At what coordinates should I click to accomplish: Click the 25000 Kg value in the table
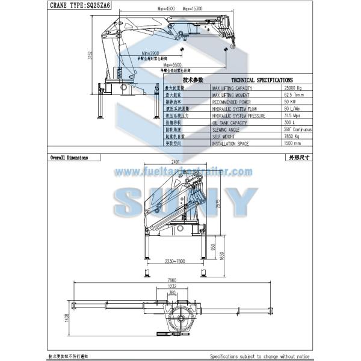click(x=293, y=88)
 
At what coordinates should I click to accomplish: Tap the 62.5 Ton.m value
click(x=294, y=94)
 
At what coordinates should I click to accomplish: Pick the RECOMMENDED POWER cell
click(x=234, y=101)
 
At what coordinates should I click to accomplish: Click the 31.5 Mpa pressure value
click(x=292, y=115)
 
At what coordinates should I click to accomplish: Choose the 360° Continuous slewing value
click(x=296, y=129)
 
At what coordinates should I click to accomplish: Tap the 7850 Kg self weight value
click(x=292, y=136)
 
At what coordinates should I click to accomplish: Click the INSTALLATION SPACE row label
click(x=232, y=143)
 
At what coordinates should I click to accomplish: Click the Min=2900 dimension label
click(x=155, y=54)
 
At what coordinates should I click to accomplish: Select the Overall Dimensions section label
click(x=69, y=158)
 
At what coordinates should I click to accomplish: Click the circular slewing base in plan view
click(x=179, y=316)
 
